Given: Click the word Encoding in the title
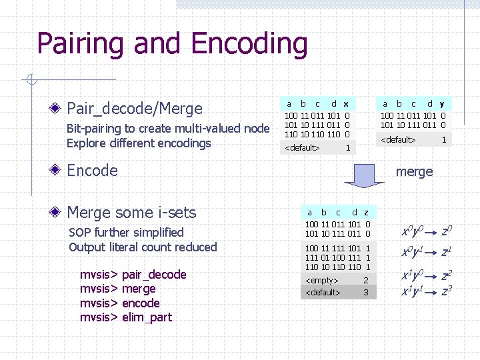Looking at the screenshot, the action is (249, 44).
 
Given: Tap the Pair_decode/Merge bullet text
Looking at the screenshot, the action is (135, 108).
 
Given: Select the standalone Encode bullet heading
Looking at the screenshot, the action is (92, 170).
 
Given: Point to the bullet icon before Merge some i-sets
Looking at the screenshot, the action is (59, 213).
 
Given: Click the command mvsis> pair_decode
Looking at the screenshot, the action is (133, 275).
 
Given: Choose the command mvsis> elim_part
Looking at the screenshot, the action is (126, 317).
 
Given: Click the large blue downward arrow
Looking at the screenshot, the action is (365, 175).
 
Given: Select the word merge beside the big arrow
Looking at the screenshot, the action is (414, 171).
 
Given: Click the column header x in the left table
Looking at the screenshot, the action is (345, 104).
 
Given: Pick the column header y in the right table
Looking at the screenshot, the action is (442, 103).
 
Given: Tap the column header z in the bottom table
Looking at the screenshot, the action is (366, 212).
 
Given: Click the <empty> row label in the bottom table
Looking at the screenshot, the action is (322, 281).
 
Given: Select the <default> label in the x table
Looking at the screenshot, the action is (303, 147).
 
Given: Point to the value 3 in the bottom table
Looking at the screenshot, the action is (365, 293).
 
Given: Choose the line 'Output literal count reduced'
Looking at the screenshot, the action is (143, 247).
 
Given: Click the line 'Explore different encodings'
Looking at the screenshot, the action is (139, 143).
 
